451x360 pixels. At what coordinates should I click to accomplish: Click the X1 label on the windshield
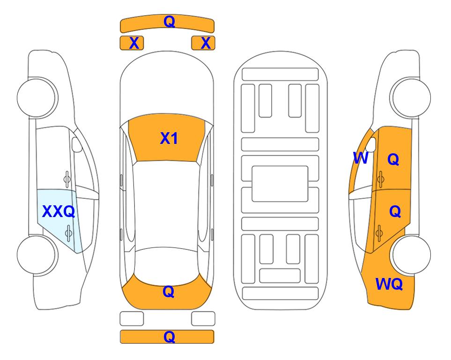169,138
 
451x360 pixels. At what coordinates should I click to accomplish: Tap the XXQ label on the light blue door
59,211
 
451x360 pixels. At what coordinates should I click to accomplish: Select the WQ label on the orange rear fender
389,284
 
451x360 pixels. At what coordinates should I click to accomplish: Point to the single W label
361,158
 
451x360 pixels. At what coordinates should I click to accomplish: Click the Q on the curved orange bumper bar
169,21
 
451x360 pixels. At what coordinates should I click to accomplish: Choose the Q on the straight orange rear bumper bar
169,337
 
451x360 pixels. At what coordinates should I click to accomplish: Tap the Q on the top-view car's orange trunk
169,292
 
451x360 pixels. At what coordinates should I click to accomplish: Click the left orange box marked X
132,43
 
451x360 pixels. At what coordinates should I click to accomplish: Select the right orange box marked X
203,43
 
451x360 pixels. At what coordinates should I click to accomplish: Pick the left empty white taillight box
132,319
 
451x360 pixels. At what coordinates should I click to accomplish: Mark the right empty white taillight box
203,319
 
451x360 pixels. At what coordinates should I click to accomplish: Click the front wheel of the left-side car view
37,97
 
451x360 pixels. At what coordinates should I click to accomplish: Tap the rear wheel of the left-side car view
37,255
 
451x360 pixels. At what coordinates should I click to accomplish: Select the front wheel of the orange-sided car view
411,97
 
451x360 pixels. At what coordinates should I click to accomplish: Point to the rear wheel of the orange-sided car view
411,255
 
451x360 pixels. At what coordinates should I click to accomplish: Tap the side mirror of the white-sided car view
76,144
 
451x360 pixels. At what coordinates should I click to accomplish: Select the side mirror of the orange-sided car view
371,144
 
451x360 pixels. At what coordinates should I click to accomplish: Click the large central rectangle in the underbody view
280,184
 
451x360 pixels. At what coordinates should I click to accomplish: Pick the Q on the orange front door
393,159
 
